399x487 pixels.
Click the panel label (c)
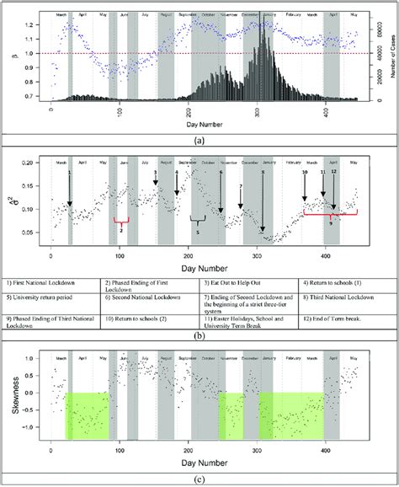click(199, 480)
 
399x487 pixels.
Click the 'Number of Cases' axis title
click(393, 56)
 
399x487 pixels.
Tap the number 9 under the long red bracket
click(331, 224)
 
